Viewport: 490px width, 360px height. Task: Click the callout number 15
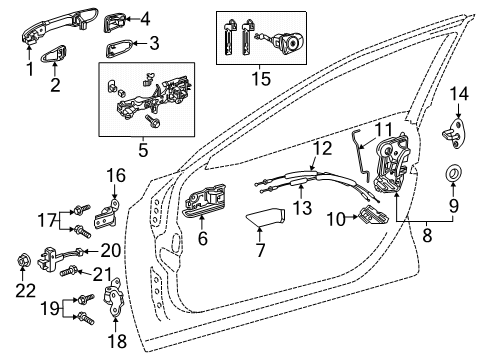(261, 79)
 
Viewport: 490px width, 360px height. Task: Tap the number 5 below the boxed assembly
(143, 150)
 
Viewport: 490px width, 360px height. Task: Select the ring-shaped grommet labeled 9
(453, 173)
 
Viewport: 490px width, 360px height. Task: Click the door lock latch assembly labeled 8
(391, 162)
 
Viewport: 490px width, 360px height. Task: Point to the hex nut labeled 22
(23, 260)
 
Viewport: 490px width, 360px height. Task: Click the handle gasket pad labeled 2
(53, 54)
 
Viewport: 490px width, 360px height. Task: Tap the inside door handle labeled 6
(204, 200)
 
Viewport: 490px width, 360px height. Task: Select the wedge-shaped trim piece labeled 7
(266, 217)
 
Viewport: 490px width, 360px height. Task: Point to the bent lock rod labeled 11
(360, 155)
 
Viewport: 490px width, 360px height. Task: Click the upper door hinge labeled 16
(108, 214)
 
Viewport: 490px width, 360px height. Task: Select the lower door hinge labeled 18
(114, 297)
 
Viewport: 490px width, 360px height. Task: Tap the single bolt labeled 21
(69, 271)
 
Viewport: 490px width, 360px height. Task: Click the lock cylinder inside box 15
(288, 43)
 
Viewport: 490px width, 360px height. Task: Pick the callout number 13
(302, 207)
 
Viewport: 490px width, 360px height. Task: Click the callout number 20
(110, 250)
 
